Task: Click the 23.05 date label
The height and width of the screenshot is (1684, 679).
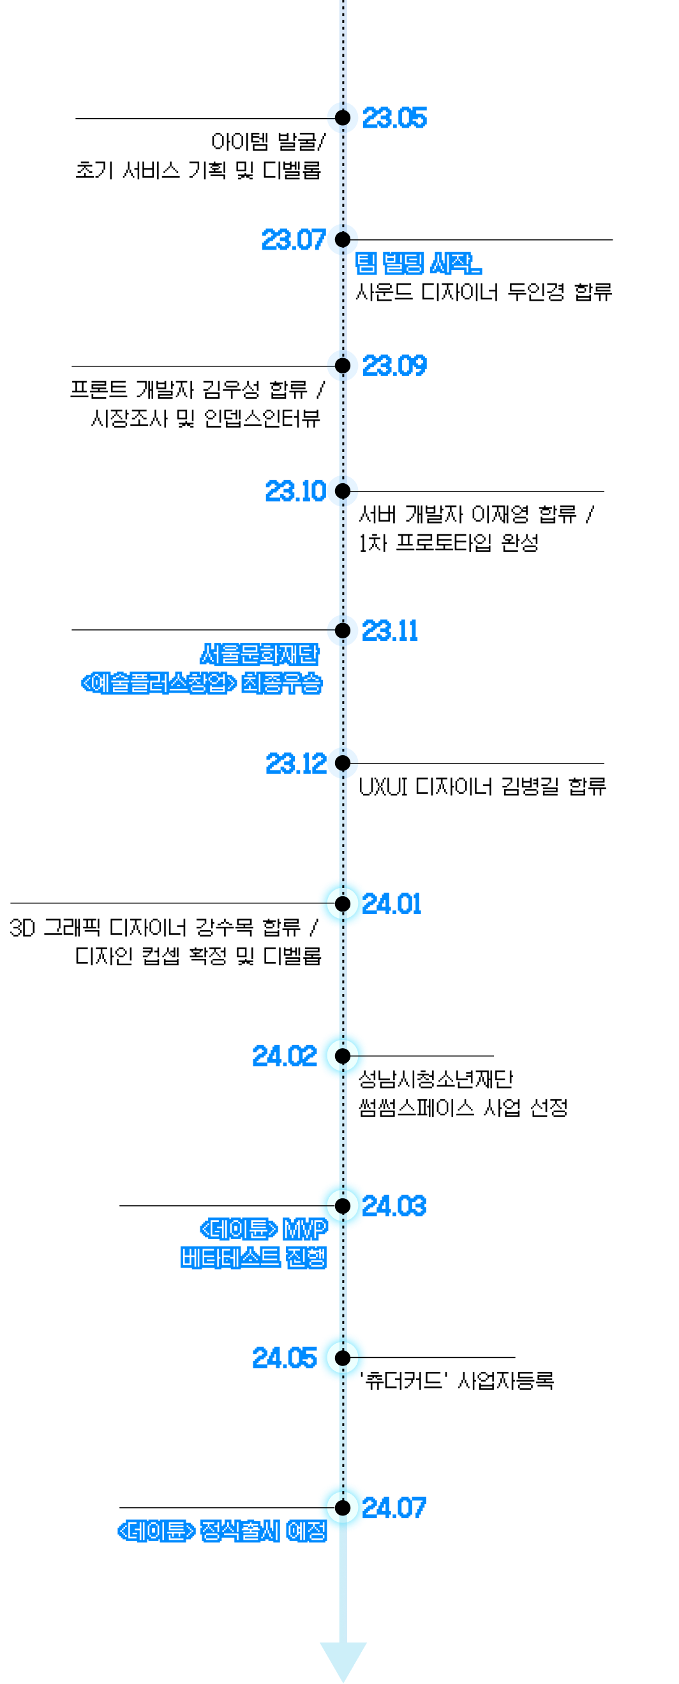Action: (x=394, y=118)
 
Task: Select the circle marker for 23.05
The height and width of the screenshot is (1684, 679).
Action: (x=343, y=117)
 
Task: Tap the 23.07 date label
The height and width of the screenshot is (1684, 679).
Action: (x=294, y=240)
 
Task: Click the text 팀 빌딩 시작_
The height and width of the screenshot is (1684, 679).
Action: (x=418, y=264)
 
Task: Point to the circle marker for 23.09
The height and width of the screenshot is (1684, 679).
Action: (x=343, y=365)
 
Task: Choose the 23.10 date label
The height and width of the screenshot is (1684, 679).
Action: (x=295, y=492)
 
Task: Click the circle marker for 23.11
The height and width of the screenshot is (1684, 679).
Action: (x=343, y=630)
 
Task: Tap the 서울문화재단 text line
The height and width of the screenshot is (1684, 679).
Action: (x=260, y=654)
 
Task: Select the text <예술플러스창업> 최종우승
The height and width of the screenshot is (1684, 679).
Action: (x=201, y=683)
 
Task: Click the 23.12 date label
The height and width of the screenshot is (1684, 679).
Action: (x=296, y=763)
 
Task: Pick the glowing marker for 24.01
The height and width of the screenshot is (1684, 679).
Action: (x=343, y=903)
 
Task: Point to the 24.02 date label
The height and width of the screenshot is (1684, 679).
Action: (x=283, y=1056)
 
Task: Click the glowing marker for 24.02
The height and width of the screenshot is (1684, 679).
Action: (x=343, y=1055)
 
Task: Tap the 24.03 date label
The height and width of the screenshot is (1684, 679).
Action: (x=394, y=1206)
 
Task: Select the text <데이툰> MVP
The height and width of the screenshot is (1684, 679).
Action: (x=264, y=1229)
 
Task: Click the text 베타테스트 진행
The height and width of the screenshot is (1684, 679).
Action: (x=253, y=1258)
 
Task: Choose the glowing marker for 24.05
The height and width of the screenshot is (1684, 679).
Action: (x=343, y=1358)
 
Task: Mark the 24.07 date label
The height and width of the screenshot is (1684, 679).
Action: (x=394, y=1508)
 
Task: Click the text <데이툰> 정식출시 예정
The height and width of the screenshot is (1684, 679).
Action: (x=222, y=1531)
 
